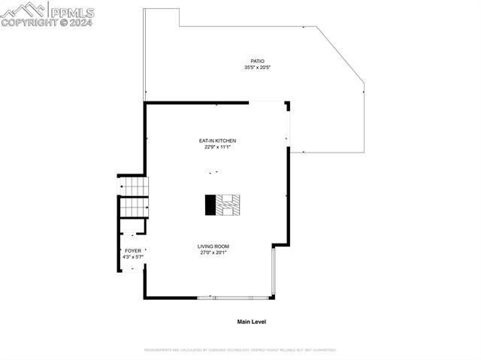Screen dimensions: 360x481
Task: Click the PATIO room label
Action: click(257, 61)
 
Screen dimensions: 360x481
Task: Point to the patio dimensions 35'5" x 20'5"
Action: click(257, 68)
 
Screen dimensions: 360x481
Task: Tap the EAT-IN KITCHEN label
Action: click(217, 141)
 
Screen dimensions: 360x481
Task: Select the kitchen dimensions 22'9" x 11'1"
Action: click(217, 147)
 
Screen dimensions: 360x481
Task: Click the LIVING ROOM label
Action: click(213, 247)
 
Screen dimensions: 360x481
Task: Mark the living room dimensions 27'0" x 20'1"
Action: click(213, 253)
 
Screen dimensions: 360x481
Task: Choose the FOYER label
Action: click(132, 250)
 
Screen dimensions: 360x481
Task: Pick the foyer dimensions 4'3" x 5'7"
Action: click(132, 257)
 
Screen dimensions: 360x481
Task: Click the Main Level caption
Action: click(252, 322)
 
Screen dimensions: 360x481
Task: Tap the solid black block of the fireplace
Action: click(210, 204)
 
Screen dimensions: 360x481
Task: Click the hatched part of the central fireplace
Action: click(228, 204)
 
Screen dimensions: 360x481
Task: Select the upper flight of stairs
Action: click(134, 185)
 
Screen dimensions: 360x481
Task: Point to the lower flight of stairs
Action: click(134, 205)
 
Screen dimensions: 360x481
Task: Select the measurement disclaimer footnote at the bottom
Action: click(240, 349)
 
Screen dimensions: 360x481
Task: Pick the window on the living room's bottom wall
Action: click(234, 298)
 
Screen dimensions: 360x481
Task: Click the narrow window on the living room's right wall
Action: click(274, 271)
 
